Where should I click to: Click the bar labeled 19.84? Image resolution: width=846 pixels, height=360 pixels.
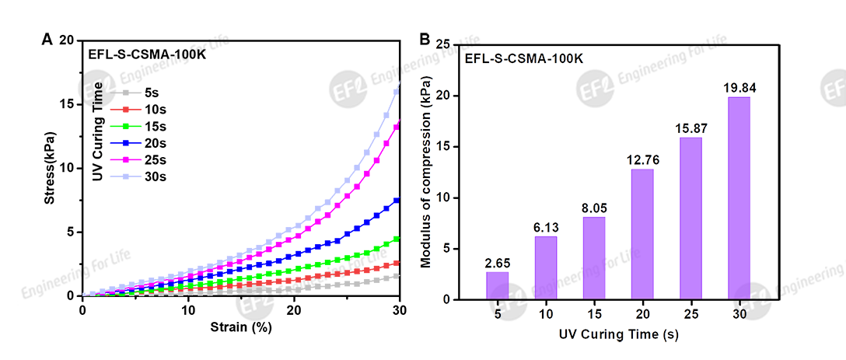click(x=739, y=197)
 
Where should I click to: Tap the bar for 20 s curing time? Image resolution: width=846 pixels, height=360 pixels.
click(x=642, y=234)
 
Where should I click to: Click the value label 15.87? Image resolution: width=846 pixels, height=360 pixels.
click(x=690, y=127)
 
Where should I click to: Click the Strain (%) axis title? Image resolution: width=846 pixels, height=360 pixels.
click(x=240, y=327)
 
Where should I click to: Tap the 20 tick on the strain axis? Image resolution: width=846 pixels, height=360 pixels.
click(x=294, y=309)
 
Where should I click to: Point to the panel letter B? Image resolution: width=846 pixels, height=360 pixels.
click(x=425, y=39)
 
